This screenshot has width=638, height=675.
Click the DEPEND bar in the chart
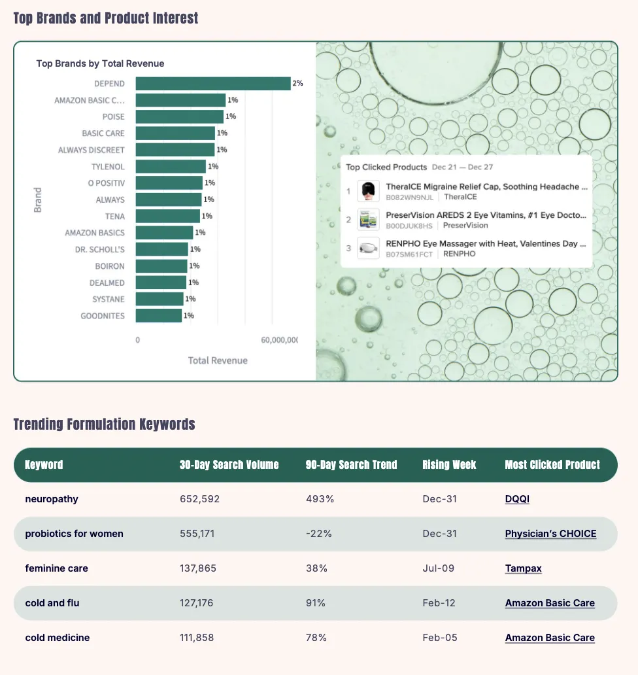(x=213, y=84)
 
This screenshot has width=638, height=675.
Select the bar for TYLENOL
(x=171, y=167)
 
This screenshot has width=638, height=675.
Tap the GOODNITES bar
(x=159, y=316)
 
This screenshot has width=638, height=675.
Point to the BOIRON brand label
(x=110, y=266)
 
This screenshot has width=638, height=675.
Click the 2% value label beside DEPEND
(x=297, y=84)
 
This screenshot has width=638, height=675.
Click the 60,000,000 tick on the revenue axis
(x=279, y=341)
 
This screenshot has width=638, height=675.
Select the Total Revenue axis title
(x=218, y=360)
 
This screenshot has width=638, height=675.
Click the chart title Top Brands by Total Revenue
(x=100, y=63)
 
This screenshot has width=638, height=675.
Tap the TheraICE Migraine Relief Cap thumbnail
(x=368, y=191)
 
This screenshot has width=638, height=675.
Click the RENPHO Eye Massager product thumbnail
(x=368, y=249)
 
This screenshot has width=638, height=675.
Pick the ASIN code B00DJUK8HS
(x=409, y=226)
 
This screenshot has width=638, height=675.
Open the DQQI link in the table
(x=517, y=499)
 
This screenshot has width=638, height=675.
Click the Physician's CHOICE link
(x=550, y=534)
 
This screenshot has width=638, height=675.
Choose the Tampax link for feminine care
(x=523, y=568)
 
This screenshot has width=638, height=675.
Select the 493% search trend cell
(x=320, y=499)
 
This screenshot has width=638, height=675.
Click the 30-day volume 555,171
(x=197, y=534)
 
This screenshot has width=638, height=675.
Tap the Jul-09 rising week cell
(x=438, y=568)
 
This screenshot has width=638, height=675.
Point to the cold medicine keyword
(x=58, y=638)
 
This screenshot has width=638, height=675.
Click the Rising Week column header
(x=449, y=465)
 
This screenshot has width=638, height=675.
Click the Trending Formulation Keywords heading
(x=104, y=424)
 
